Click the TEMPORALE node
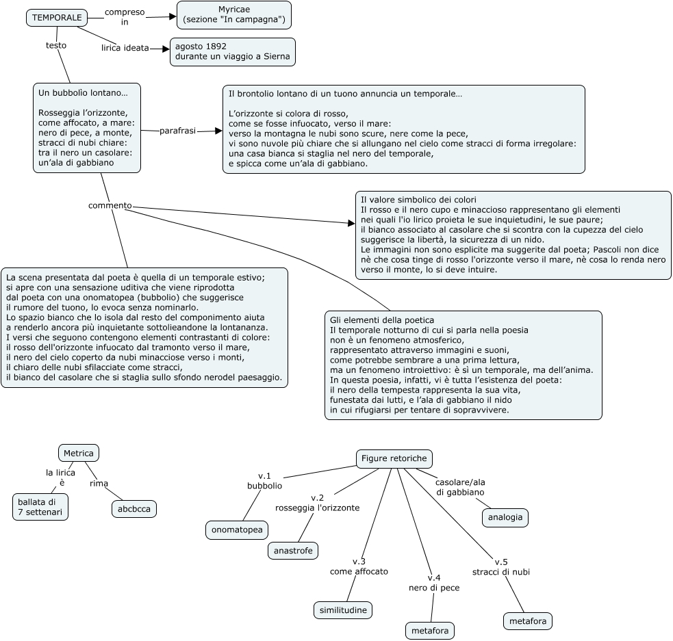(x=57, y=18)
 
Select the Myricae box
(x=234, y=14)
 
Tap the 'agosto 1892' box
(x=233, y=51)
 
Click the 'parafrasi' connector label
(x=178, y=131)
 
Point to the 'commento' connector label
(x=110, y=205)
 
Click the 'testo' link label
(x=56, y=45)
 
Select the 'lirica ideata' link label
(x=125, y=48)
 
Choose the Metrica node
(x=79, y=453)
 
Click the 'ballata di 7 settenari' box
(x=40, y=507)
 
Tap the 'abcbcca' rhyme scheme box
(x=134, y=509)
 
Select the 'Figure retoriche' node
(x=394, y=458)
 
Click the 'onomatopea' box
(x=237, y=529)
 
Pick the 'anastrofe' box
(x=293, y=551)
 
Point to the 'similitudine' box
(x=343, y=610)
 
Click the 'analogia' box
(x=505, y=517)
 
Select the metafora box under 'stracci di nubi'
(x=528, y=621)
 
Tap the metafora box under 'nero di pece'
(x=430, y=631)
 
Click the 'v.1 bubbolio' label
(x=264, y=481)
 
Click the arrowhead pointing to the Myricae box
(x=173, y=16)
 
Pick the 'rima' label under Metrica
(x=99, y=484)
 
